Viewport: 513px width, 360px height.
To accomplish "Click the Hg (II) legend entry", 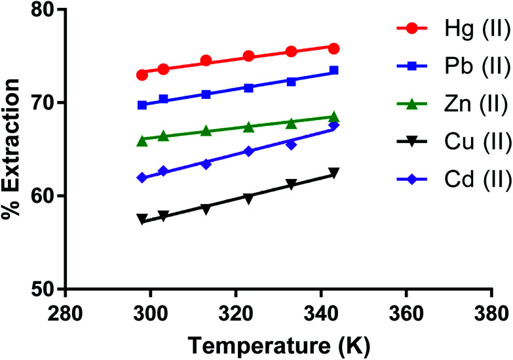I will (x=453, y=29).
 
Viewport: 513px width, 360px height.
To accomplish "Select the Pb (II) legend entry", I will (x=453, y=66).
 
